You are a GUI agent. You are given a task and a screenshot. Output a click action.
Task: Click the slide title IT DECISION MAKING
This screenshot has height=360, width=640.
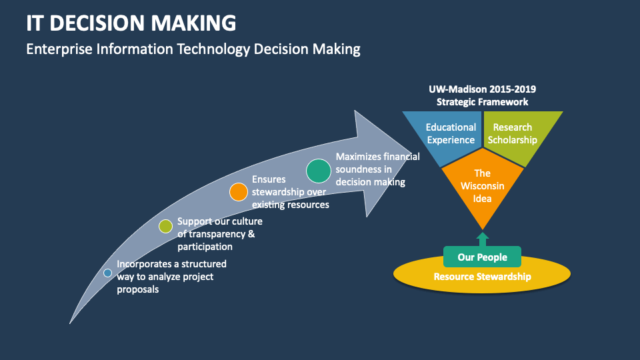pos(131,23)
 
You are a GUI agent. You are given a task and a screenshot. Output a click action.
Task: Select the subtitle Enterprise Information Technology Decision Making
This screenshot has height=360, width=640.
pos(193,49)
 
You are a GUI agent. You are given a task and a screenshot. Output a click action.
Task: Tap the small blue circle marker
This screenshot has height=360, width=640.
pos(108,273)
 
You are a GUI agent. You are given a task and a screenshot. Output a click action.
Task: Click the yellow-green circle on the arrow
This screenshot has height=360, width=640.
pos(166,227)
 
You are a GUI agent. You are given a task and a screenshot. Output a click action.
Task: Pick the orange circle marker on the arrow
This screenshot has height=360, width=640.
pos(239,192)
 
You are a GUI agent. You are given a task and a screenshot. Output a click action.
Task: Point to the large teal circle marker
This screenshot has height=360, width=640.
pos(319,171)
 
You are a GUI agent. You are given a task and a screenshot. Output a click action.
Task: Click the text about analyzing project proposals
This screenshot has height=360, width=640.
pos(171,277)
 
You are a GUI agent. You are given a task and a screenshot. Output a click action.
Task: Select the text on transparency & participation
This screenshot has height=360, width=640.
pos(220,234)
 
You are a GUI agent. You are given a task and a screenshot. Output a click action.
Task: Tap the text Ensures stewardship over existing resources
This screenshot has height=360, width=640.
pos(290,192)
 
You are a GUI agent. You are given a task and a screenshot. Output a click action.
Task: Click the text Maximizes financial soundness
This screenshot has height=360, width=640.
pos(377,169)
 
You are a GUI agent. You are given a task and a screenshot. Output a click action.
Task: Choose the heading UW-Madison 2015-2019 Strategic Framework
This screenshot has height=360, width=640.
pos(483,95)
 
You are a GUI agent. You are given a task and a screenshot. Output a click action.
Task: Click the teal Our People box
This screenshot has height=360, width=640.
pos(483,257)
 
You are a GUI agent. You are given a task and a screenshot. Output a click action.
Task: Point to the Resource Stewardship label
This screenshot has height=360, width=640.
pos(483,277)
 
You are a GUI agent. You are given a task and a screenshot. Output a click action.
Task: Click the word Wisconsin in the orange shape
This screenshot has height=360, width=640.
pos(483,186)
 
